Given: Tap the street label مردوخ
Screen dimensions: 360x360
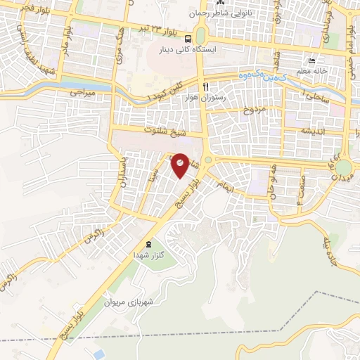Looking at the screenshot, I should click(x=251, y=111).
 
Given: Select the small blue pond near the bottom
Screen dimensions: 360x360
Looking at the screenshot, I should click(x=99, y=353).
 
